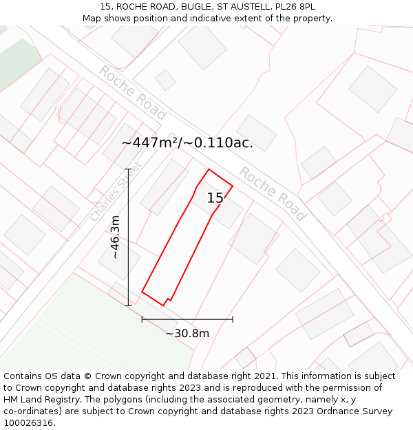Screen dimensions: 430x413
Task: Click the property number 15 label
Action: click(x=215, y=198)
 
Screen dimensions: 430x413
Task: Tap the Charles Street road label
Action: click(x=115, y=192)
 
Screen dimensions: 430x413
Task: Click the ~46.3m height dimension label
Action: click(x=116, y=237)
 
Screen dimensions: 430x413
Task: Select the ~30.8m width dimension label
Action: click(x=187, y=334)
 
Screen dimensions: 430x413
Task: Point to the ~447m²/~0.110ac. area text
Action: click(x=187, y=143)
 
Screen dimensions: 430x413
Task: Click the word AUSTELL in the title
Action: click(x=251, y=7)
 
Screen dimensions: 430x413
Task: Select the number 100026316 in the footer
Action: click(x=30, y=423)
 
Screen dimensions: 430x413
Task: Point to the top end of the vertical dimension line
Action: click(x=128, y=169)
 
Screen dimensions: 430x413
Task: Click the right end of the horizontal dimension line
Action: click(x=233, y=319)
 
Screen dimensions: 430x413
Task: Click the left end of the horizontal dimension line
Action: click(x=142, y=319)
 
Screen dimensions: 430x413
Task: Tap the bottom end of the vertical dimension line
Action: click(x=128, y=305)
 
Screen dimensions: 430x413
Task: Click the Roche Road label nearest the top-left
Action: click(x=132, y=92)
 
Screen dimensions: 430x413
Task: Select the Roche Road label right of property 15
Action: click(x=272, y=193)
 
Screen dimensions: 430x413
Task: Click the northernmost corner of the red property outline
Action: click(x=209, y=169)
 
